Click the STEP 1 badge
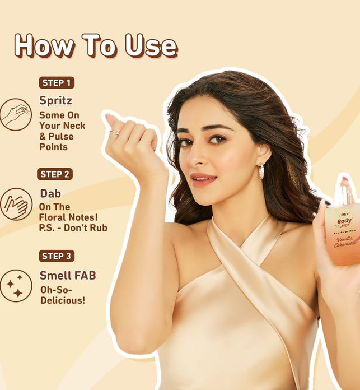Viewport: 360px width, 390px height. pos(57,83)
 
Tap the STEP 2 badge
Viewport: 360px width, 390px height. pos(55,174)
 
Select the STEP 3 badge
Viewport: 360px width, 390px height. pos(57,256)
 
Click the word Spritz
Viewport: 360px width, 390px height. pos(55,101)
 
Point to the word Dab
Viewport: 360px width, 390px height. pos(50,193)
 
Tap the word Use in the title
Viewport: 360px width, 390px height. pos(151,45)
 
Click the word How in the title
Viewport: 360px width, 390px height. pos(44,45)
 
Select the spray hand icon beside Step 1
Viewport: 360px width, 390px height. pos(16,115)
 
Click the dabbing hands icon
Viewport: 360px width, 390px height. pos(16,204)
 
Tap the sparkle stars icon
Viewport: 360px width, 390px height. pos(16,286)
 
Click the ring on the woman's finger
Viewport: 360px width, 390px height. pos(114,132)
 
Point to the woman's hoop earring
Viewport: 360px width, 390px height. pos(261,171)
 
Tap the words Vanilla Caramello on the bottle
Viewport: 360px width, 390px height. pos(345,242)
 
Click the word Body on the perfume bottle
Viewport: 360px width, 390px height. pos(344,221)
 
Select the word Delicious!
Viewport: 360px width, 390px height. pos(63,300)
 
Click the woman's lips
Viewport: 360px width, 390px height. pos(203,179)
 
